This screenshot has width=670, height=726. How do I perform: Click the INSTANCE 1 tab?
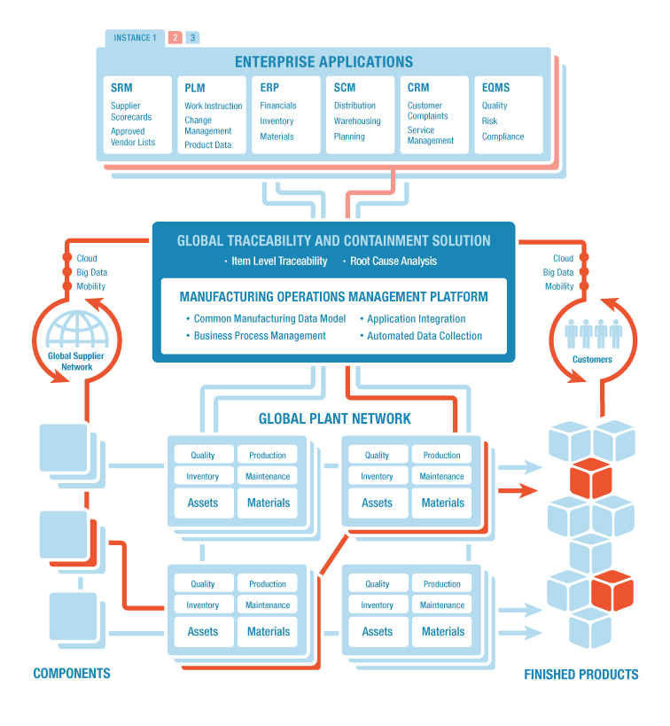(135, 38)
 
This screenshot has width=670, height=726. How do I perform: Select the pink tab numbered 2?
(175, 38)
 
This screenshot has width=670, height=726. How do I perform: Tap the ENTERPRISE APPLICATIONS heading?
(323, 62)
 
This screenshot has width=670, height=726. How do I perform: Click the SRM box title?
(121, 88)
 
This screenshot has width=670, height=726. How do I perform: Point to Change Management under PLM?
(208, 126)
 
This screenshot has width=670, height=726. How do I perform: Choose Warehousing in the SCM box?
(357, 121)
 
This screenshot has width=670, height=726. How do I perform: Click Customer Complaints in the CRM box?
(427, 111)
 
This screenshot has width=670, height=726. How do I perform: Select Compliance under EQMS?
(502, 137)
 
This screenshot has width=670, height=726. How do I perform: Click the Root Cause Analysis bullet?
(393, 262)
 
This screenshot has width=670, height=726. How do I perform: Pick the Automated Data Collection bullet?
(425, 336)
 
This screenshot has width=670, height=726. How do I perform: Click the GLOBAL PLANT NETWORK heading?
(334, 418)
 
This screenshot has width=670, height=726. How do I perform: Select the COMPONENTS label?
(72, 673)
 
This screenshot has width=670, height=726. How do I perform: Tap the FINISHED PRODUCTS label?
(580, 675)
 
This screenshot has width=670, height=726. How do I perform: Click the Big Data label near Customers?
(558, 273)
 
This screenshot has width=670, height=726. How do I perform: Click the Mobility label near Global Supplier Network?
(90, 286)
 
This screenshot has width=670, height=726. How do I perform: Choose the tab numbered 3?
(192, 38)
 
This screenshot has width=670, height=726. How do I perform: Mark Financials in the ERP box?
(278, 105)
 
